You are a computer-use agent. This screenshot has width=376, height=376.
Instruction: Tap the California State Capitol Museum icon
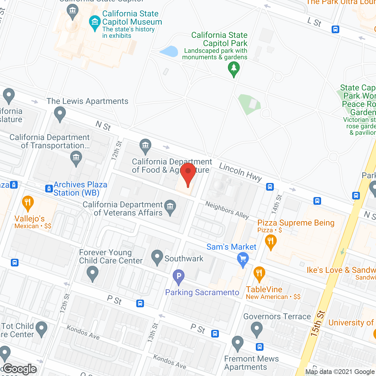point(95,22)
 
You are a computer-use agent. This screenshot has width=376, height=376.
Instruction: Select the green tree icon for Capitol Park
point(234,68)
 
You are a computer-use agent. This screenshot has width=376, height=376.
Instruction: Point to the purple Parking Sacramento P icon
point(179,276)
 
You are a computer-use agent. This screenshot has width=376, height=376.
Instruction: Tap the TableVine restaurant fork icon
point(259,273)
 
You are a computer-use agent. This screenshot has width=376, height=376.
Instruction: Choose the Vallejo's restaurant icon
point(28,202)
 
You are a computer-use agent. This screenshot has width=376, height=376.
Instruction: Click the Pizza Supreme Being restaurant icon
point(271,241)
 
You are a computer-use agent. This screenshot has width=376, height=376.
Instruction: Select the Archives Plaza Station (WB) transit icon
point(49,189)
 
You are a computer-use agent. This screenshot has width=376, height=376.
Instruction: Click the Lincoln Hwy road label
point(240,172)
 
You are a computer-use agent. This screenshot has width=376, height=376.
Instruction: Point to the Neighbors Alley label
point(227,210)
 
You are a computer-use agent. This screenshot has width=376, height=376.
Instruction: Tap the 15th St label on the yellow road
point(318,323)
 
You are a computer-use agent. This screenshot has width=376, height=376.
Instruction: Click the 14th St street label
point(276,204)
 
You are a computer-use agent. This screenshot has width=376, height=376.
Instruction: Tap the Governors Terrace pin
point(257,329)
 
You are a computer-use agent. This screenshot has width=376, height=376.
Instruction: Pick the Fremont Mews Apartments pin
point(238,343)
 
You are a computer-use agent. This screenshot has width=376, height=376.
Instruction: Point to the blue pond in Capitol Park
point(169,51)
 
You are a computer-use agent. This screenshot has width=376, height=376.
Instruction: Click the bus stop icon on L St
point(335,29)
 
